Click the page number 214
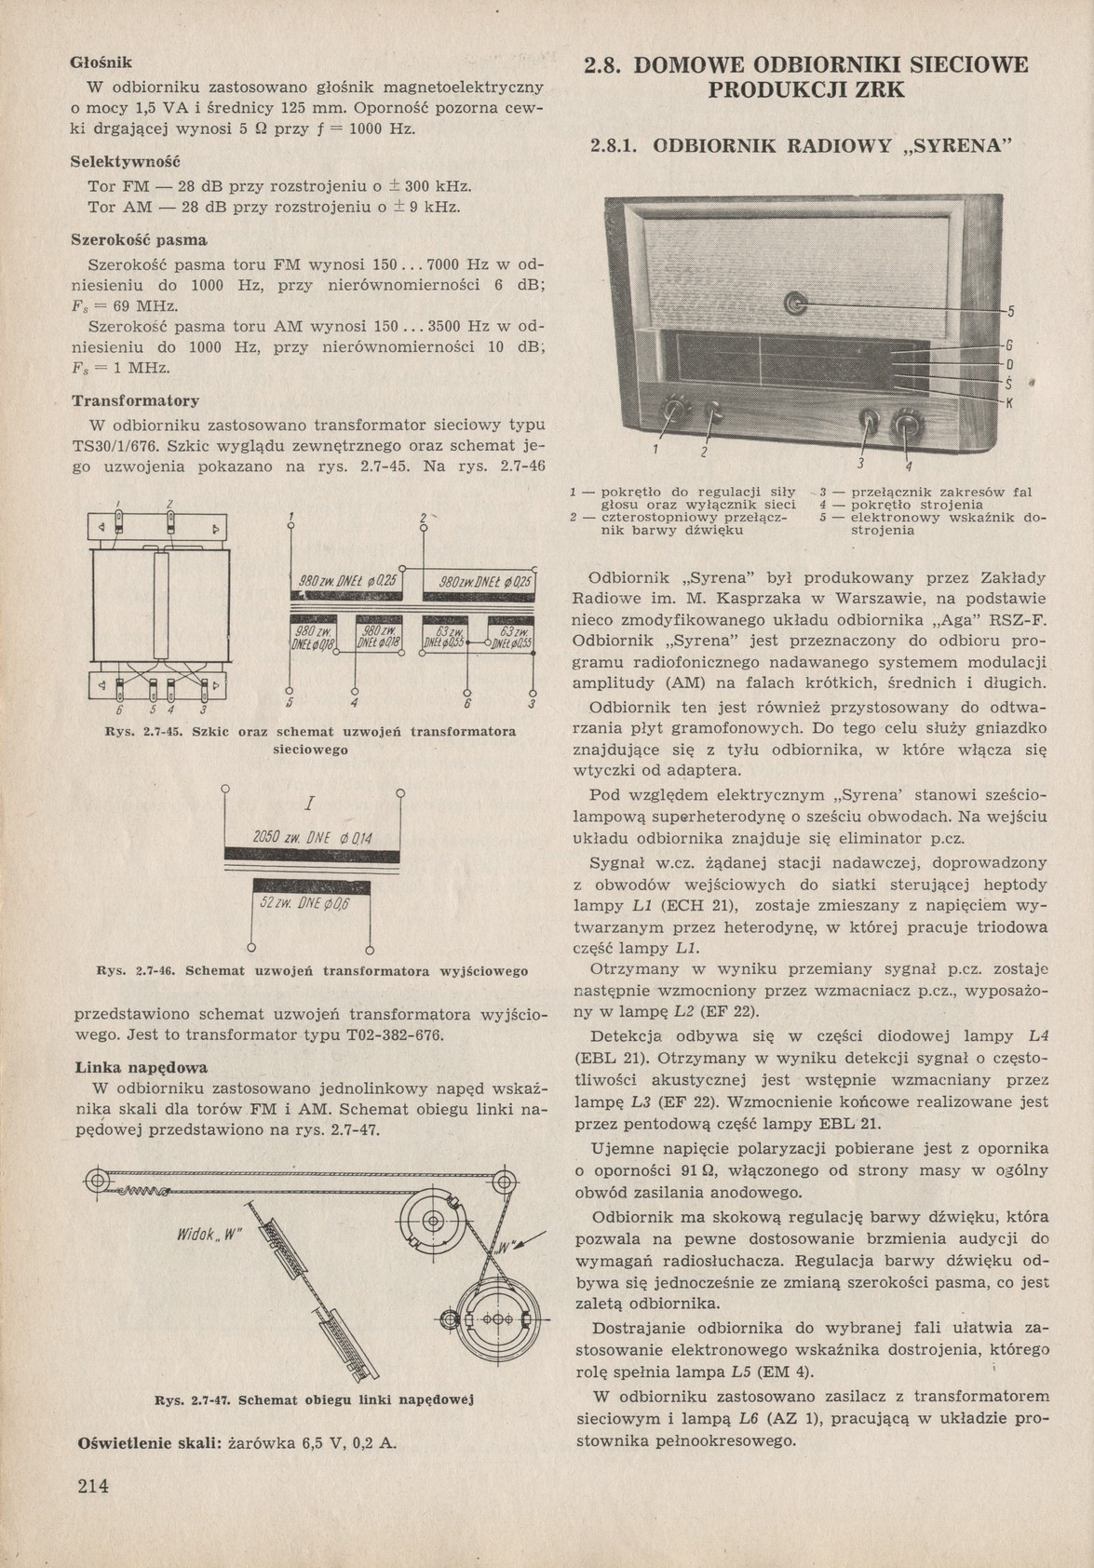[93, 1486]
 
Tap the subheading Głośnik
[102, 63]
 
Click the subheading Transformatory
[135, 401]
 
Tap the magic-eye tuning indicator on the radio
[794, 303]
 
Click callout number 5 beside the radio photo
[1011, 311]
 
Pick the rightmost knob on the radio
[905, 428]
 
